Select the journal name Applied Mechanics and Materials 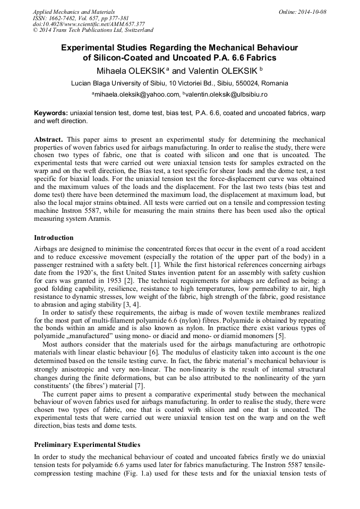click(74, 12)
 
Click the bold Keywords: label click(51, 114)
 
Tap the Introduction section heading click(54, 238)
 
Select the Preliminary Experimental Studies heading click(87, 444)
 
